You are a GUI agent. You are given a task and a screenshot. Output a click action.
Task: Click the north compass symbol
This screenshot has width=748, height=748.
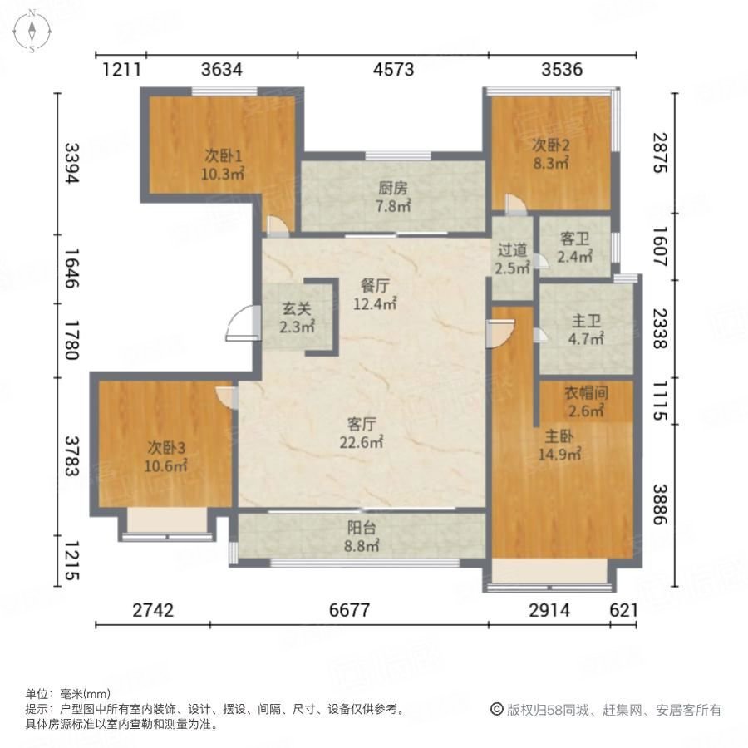tap(32, 32)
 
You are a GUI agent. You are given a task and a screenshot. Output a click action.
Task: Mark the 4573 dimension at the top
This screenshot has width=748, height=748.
tap(393, 70)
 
